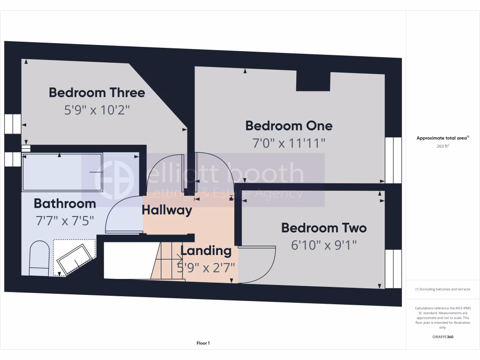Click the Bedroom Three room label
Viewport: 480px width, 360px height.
click(x=97, y=92)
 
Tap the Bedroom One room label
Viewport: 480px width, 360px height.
click(x=289, y=126)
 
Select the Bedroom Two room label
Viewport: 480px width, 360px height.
click(x=324, y=228)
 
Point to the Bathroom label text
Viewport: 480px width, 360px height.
click(x=65, y=203)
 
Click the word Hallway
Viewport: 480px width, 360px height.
click(x=167, y=210)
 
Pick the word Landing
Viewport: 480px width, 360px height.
click(x=206, y=251)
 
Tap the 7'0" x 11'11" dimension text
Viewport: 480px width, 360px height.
click(x=289, y=142)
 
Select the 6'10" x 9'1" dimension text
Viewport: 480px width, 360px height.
click(x=324, y=245)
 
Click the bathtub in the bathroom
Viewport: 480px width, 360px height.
click(x=62, y=172)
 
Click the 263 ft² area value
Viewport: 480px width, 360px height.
click(x=443, y=146)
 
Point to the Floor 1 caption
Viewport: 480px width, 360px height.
click(x=203, y=343)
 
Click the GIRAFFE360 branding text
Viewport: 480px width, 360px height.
click(x=443, y=337)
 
